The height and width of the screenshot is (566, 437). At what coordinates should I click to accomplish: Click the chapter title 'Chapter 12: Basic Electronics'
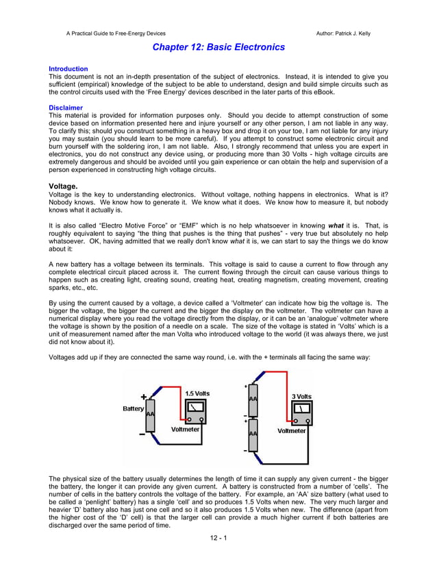point(218,47)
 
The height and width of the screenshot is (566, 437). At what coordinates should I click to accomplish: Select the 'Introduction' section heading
point(68,69)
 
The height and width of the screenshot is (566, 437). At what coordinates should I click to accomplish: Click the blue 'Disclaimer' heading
point(66,108)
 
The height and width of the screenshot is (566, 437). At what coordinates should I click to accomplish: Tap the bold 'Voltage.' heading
point(63,186)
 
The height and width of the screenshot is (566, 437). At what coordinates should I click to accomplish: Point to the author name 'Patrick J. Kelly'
point(351,33)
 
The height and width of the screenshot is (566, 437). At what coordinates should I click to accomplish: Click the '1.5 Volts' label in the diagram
point(198,393)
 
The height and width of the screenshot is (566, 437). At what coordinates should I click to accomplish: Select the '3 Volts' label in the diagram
point(302,397)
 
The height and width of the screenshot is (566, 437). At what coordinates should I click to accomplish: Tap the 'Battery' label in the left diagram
point(133,408)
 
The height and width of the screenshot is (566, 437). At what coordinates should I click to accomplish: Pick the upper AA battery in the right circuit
point(253,399)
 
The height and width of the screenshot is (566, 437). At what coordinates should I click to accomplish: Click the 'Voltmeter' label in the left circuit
point(185,430)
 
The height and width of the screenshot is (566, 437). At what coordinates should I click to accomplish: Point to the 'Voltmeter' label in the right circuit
point(292,431)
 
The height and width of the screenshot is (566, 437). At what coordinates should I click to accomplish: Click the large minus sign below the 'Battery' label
point(142,433)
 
